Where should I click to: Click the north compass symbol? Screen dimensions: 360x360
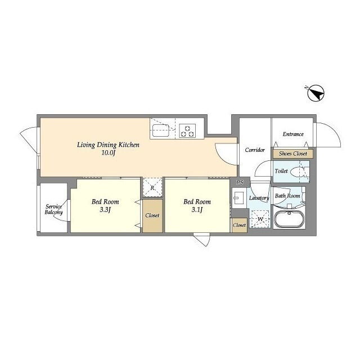pos(316,93)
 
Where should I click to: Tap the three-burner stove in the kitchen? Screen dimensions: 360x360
pos(187,130)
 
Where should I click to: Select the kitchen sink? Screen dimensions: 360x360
pos(160,130)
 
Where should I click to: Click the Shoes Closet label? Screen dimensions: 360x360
pos(292,154)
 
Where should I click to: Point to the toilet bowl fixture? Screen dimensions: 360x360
pos(298,172)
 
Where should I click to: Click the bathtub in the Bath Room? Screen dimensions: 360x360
pos(289,219)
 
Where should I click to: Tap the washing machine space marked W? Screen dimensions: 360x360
pos(260,219)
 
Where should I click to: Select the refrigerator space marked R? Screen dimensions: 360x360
pos(152,187)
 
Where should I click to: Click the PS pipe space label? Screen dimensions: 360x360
pos(240,182)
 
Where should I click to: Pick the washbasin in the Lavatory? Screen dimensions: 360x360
pos(238,198)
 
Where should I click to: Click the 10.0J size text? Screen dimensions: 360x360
pos(108,153)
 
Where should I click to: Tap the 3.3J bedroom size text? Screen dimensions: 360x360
pos(105,210)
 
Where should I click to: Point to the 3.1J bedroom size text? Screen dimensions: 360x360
pos(197,210)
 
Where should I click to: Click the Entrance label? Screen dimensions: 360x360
pos(293,134)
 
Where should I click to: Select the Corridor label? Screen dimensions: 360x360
pos(255,150)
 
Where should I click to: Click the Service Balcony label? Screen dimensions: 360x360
pos(54,209)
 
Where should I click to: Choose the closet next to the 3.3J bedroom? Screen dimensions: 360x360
pos(152,215)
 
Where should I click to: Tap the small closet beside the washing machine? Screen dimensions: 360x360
pos(239,225)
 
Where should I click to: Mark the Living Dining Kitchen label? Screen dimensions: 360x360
pos(108,145)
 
